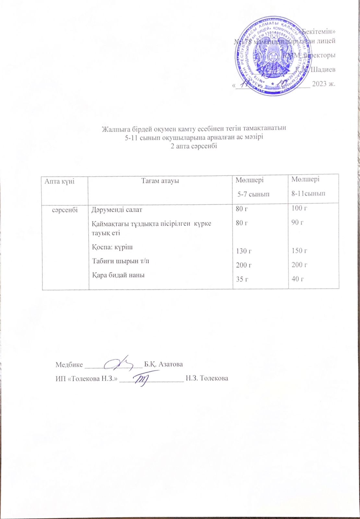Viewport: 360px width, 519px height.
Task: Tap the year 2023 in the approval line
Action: (319, 84)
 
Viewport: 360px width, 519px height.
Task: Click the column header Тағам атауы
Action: (160, 181)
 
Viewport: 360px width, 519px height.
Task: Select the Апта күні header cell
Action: (60, 181)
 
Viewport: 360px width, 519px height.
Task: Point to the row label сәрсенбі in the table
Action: (65, 210)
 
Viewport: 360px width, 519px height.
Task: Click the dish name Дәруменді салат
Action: (117, 210)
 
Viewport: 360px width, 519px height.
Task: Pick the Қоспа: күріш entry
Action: (112, 247)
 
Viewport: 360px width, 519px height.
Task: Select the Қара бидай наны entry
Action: (118, 275)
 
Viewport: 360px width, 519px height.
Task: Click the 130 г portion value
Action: (244, 251)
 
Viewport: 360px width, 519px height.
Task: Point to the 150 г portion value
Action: (299, 250)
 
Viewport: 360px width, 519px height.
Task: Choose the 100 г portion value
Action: (299, 208)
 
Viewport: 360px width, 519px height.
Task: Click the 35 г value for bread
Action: (242, 279)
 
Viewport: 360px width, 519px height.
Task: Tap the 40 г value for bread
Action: (298, 278)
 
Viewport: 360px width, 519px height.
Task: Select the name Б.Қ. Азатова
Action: (163, 364)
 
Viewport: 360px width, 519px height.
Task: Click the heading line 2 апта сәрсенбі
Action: (194, 146)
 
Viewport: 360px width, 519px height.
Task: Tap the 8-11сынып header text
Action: (308, 194)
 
